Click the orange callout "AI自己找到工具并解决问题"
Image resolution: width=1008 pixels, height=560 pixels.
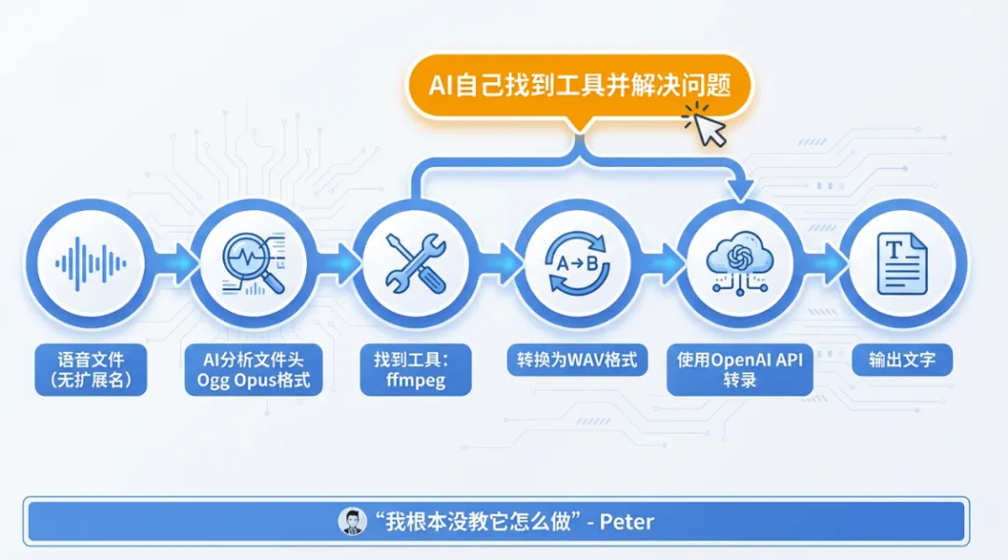pyautogui.click(x=579, y=85)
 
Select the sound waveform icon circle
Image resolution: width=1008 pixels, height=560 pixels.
pyautogui.click(x=91, y=262)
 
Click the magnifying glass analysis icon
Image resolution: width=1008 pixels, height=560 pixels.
pyautogui.click(x=253, y=262)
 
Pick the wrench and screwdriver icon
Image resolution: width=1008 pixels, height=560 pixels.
pyautogui.click(x=416, y=262)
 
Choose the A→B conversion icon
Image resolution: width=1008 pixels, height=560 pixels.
pyautogui.click(x=579, y=262)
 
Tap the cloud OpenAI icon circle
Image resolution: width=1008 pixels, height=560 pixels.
pyautogui.click(x=740, y=262)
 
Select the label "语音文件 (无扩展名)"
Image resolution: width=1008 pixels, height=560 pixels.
pyautogui.click(x=91, y=370)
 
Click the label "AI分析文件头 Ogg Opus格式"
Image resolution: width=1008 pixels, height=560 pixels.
pyautogui.click(x=253, y=370)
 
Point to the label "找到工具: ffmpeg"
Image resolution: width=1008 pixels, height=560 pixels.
pyautogui.click(x=416, y=370)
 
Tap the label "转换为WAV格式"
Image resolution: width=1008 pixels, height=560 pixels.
pyautogui.click(x=579, y=359)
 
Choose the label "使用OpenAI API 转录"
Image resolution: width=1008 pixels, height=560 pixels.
pyautogui.click(x=740, y=370)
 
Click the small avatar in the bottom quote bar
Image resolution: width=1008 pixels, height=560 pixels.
pyautogui.click(x=351, y=521)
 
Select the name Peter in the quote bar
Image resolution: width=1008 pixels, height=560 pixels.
pyautogui.click(x=626, y=521)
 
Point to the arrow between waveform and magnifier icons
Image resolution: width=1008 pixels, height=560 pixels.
pyautogui.click(x=174, y=262)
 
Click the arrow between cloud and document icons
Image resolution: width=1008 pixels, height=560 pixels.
pyautogui.click(x=823, y=262)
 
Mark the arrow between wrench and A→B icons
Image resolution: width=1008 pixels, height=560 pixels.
pyautogui.click(x=498, y=262)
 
